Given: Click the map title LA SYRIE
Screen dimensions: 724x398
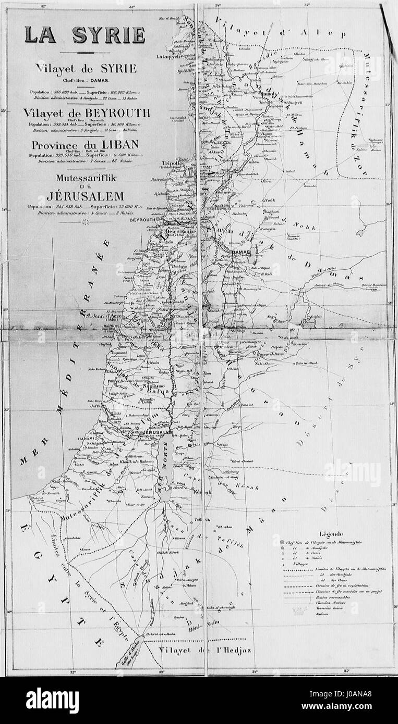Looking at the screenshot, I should [85, 34].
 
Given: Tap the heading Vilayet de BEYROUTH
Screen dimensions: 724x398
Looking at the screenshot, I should [90, 113].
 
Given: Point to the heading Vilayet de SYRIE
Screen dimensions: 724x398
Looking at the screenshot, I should [86, 68].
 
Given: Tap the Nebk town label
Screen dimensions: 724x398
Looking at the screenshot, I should [269, 200].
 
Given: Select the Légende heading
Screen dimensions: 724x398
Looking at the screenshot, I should [332, 533].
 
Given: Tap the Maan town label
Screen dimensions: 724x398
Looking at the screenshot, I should [182, 588].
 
